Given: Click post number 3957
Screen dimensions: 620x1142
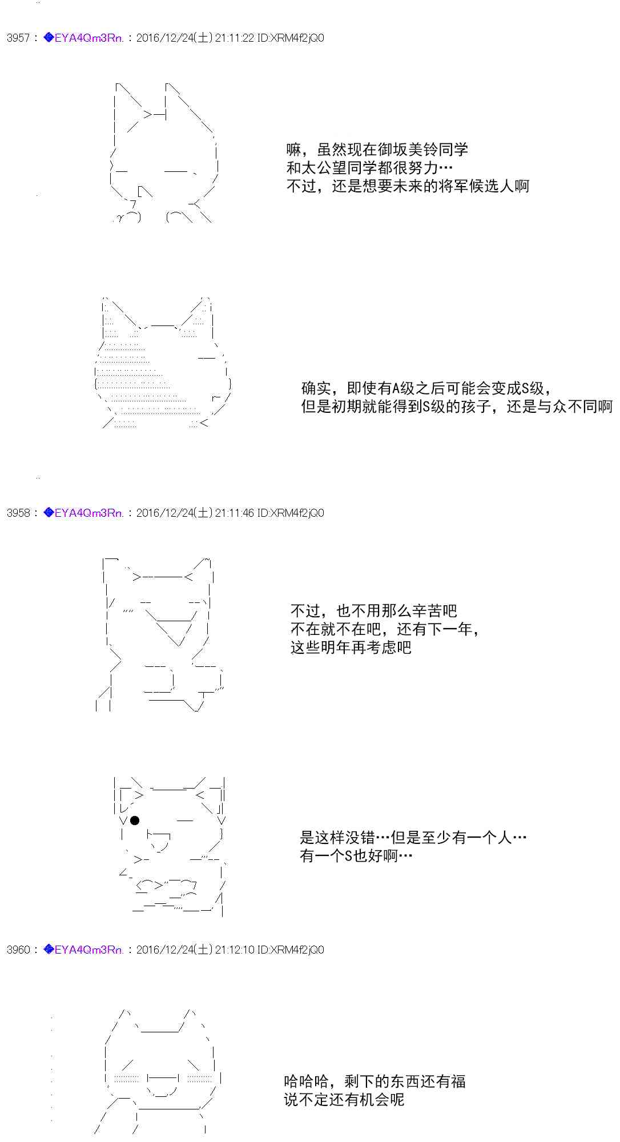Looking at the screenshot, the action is (x=18, y=38).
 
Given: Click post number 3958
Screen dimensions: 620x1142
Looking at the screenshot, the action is (x=18, y=513).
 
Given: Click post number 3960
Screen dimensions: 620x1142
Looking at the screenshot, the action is (x=18, y=950).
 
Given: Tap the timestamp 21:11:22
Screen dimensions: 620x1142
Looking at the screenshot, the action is (x=234, y=38).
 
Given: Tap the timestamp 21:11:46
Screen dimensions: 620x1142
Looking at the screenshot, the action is (x=234, y=513).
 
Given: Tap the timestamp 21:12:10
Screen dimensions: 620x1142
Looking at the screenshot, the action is (x=234, y=950).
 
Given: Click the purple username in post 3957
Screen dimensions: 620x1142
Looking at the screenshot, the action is (x=88, y=38).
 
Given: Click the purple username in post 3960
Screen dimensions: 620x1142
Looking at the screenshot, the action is (x=88, y=950).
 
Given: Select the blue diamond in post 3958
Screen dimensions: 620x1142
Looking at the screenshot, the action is (x=49, y=513).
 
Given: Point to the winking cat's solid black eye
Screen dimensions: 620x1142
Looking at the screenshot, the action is (x=135, y=821).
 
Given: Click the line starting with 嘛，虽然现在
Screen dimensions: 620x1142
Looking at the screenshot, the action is (x=377, y=150).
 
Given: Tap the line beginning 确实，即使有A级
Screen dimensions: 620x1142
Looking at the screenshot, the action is (x=426, y=388).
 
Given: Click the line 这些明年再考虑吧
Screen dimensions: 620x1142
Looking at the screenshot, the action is (x=351, y=648).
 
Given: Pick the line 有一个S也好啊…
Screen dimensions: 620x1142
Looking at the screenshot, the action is (x=356, y=856).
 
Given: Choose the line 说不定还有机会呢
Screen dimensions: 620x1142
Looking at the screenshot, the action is (x=344, y=1099).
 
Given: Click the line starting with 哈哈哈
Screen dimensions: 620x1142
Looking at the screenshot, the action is (x=375, y=1081).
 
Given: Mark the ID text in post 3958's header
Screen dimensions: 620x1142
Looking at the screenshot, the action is (x=290, y=513).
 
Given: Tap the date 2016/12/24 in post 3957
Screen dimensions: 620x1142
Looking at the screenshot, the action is (x=165, y=38).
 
